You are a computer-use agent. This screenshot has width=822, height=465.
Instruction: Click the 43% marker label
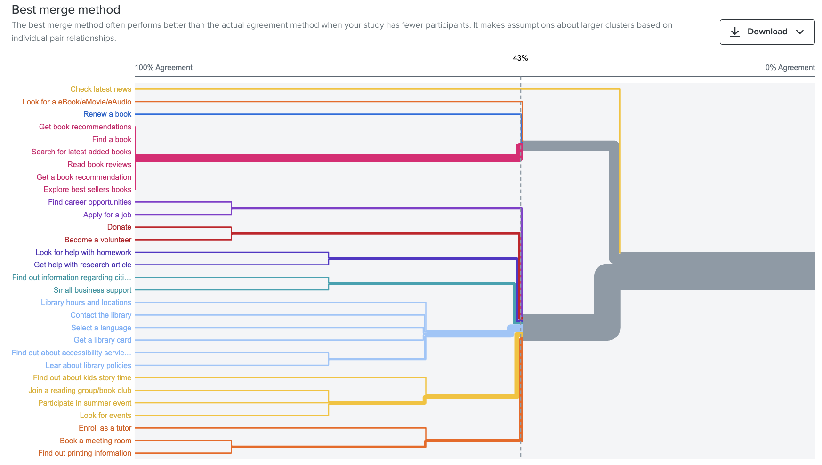520,58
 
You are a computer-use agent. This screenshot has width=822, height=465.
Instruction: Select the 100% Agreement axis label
163,68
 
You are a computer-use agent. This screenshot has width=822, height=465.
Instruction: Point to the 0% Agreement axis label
790,68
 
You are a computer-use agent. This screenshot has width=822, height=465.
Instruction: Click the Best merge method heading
66,10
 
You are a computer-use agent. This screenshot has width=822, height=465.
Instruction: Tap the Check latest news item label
101,89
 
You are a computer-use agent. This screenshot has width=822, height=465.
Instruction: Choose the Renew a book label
107,114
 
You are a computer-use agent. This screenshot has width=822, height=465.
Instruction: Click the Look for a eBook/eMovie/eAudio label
77,102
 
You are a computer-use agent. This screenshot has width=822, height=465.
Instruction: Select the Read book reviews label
99,165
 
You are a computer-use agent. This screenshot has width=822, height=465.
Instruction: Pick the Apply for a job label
107,215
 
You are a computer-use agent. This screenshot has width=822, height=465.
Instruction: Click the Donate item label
119,227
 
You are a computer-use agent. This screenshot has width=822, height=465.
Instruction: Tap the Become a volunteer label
98,240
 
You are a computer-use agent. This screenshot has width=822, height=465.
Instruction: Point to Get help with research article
82,265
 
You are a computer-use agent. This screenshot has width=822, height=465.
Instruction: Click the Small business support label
92,290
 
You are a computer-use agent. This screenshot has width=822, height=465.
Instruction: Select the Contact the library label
101,315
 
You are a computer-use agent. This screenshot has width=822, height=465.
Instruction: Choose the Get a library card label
102,340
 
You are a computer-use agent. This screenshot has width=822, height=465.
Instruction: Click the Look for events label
105,416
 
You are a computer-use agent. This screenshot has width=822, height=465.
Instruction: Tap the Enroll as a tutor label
105,428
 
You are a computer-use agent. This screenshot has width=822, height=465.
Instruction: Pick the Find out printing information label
85,453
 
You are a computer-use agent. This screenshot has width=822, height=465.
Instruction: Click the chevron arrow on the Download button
799,32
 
